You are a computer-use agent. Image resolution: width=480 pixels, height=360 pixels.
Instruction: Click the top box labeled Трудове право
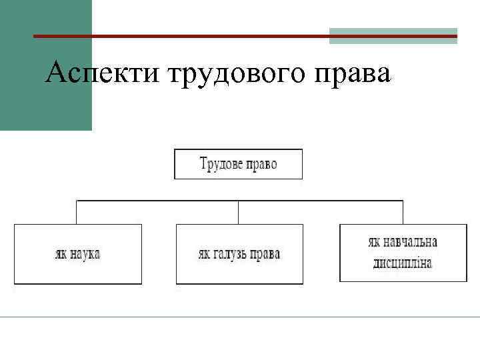pos(238,164)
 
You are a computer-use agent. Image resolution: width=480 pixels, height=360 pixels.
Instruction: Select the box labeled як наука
pos(78,254)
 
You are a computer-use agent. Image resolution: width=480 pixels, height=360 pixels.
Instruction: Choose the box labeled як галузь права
pos(239,254)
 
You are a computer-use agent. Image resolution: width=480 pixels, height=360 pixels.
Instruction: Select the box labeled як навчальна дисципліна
pos(402,253)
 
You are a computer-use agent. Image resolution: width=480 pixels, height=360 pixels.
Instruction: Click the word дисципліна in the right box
pos(402,263)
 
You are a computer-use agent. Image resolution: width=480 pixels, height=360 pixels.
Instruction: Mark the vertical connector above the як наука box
pos(77,212)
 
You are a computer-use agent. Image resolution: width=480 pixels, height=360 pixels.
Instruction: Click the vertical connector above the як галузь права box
pos(239,212)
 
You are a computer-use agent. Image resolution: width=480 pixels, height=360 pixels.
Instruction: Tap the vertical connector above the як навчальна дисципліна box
pos(403,212)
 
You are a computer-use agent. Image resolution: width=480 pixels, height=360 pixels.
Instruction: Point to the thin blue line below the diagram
pos(240,317)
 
